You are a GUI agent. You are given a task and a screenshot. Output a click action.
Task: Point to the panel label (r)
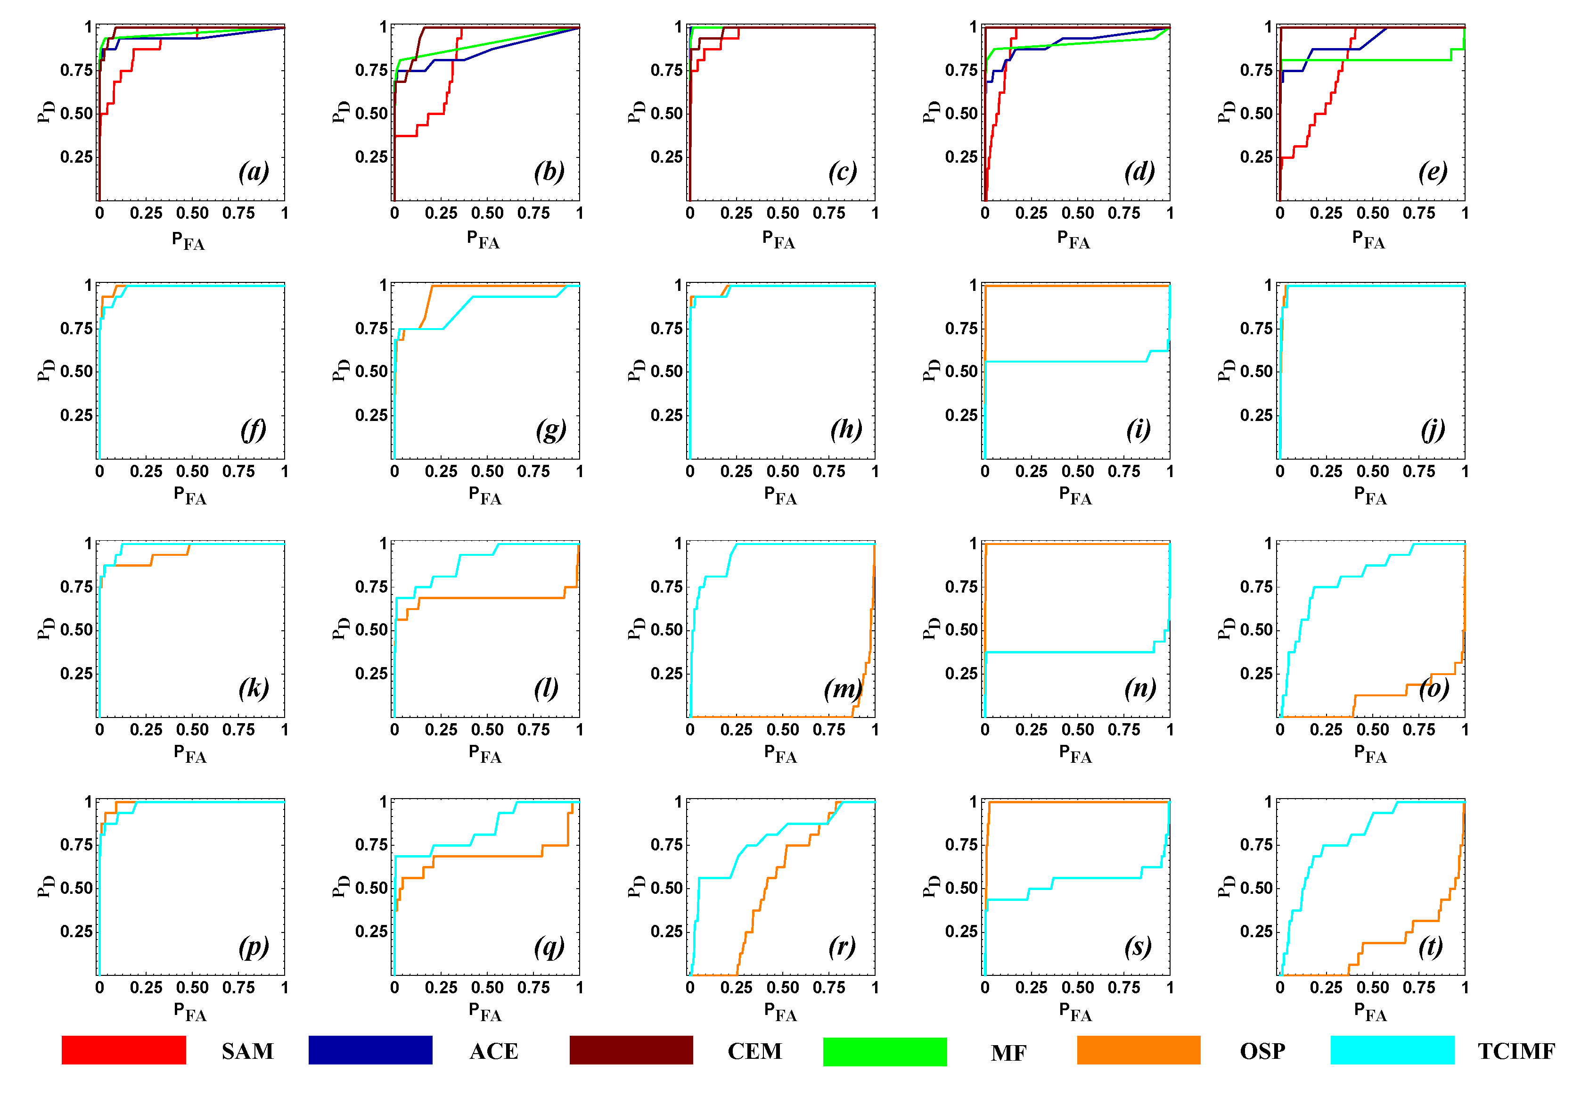click(x=843, y=947)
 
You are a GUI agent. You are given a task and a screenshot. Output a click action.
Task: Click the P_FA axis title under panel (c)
click(x=778, y=240)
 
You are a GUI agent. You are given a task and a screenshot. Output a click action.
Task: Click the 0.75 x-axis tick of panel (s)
click(x=1124, y=988)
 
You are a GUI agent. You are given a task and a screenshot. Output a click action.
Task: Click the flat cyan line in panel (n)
click(x=1065, y=652)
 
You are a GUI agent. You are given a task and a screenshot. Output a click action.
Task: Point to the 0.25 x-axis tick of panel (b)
click(x=441, y=213)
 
